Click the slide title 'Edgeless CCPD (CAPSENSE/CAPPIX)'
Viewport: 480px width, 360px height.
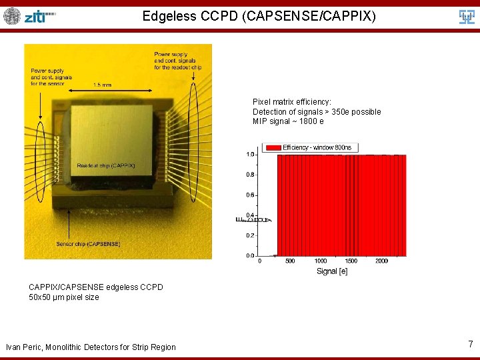[259, 16]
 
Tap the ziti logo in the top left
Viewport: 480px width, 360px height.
[40, 17]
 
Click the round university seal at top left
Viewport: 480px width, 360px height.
[12, 16]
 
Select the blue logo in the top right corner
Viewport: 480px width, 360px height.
[467, 17]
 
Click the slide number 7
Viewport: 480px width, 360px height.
[470, 344]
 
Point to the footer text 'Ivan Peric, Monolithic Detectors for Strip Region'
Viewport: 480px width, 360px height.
[91, 347]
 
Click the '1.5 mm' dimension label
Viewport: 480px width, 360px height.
[102, 85]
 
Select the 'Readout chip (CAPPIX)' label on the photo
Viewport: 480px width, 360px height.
[105, 165]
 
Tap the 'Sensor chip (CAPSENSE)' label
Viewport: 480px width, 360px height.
[88, 244]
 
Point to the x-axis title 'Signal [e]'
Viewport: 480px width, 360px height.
[332, 271]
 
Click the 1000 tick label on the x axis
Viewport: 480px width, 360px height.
[321, 261]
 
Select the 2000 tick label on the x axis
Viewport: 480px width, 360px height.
[381, 261]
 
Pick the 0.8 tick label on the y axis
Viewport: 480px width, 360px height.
[250, 175]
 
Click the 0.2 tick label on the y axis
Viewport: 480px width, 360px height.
[250, 235]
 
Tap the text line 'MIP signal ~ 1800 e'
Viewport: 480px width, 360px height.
[288, 121]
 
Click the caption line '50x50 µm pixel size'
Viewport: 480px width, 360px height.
[63, 297]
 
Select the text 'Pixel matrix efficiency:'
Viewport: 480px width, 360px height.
[291, 102]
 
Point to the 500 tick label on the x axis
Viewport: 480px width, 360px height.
[290, 261]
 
